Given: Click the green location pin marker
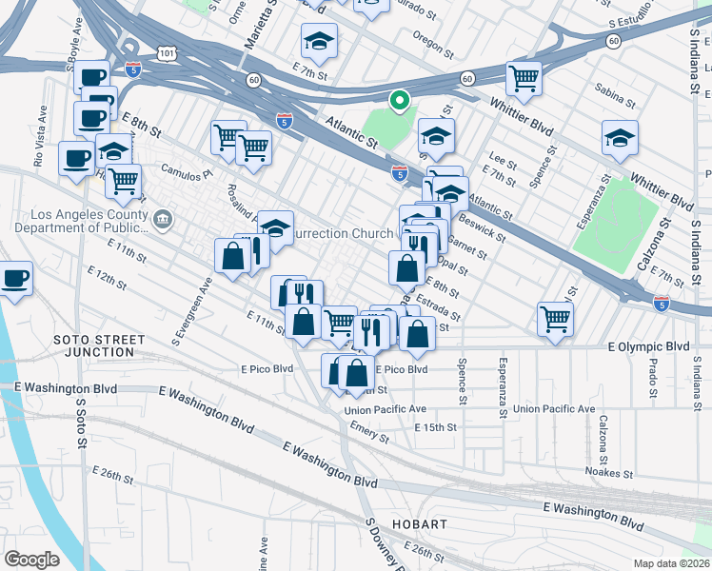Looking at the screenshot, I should (401, 100).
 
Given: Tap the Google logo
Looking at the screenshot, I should (31, 559).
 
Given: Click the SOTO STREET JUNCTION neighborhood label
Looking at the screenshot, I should (99, 345).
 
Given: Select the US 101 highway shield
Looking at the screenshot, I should (168, 55).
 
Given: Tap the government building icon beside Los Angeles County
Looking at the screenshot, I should (164, 221).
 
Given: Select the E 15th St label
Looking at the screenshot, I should (437, 428).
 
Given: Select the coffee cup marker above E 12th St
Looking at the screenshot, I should (14, 280).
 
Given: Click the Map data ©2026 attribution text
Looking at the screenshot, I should (672, 562).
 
